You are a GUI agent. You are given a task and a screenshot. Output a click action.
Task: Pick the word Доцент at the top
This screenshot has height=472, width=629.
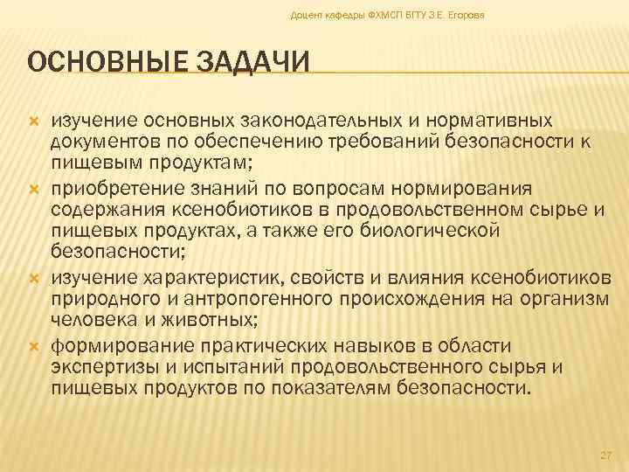point(306,16)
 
